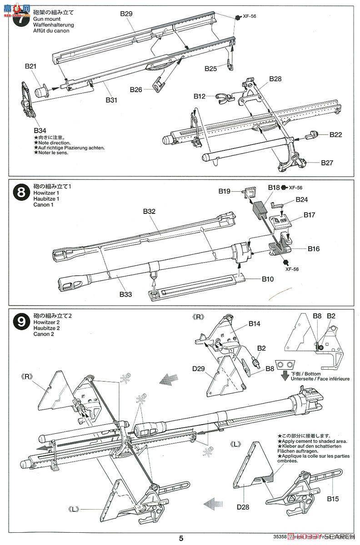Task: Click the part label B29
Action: click(126, 14)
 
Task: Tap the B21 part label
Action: click(30, 66)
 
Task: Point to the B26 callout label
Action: click(135, 89)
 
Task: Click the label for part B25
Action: click(210, 68)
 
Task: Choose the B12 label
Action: click(199, 96)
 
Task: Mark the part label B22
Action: click(335, 134)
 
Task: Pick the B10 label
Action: click(267, 279)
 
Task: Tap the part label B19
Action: click(224, 191)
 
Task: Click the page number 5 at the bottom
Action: click(181, 538)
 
